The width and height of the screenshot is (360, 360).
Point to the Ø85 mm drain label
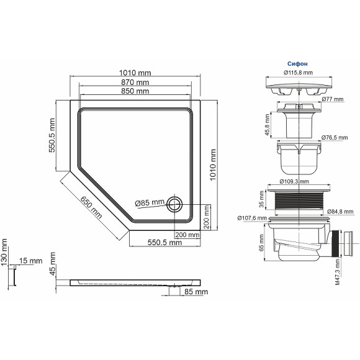pos(150,202)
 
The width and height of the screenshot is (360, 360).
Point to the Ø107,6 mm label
pos(252,218)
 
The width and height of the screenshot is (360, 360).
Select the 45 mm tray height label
pos(53,264)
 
